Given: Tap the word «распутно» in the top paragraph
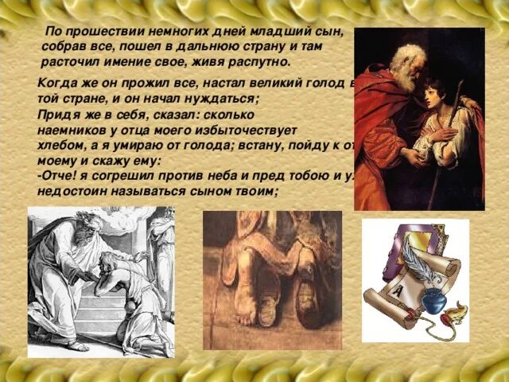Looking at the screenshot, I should [x=262, y=61].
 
